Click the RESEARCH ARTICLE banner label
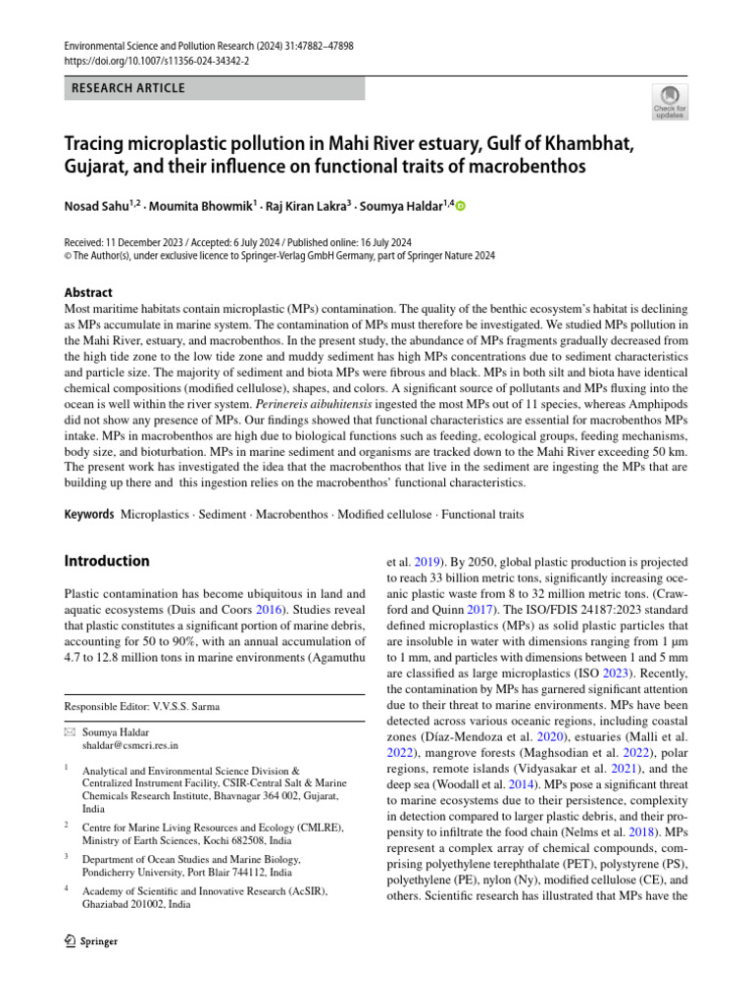coord(128,88)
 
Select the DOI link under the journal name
coord(156,60)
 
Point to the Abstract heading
coord(88,292)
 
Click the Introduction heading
coord(107,561)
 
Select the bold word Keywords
coord(88,514)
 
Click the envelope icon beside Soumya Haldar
coord(69,730)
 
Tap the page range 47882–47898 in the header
coord(297,45)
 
